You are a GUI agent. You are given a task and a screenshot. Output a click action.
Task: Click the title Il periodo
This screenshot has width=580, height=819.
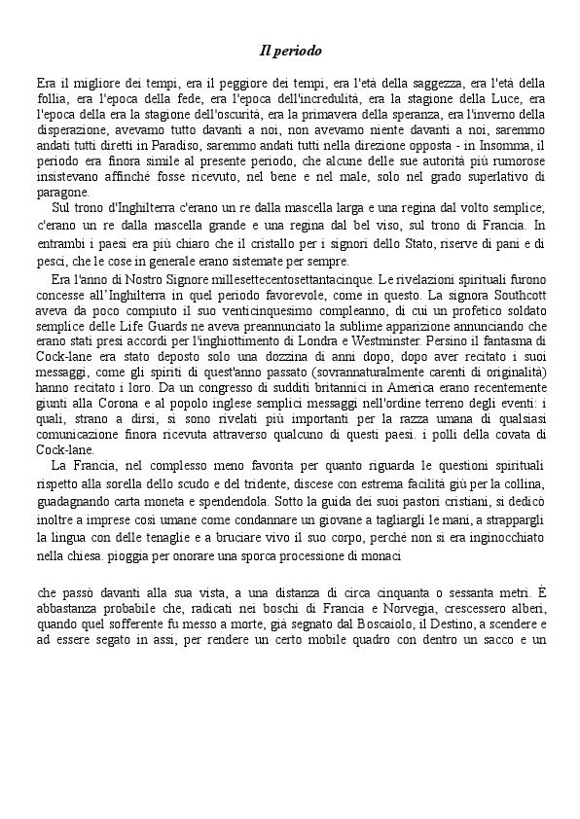click(290, 50)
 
